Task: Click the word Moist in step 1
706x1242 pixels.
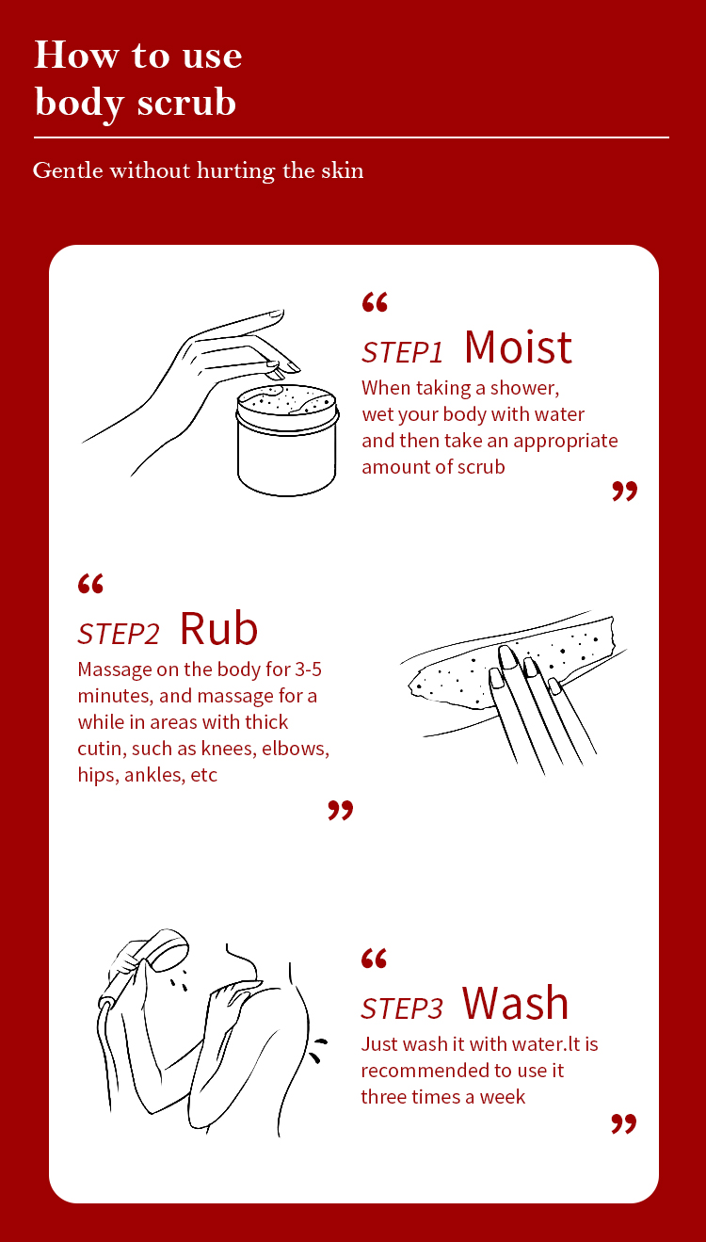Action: [x=518, y=347]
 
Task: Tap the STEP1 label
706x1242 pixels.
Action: [x=402, y=352]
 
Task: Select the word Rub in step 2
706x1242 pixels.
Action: [x=219, y=629]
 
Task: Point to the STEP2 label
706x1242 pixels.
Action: [x=119, y=634]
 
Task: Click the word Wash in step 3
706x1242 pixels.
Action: [x=515, y=1003]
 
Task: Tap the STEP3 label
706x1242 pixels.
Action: [x=402, y=1008]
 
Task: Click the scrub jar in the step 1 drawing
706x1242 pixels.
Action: [x=287, y=440]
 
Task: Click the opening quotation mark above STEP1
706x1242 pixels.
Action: [x=375, y=302]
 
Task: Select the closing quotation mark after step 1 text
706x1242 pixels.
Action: [x=624, y=492]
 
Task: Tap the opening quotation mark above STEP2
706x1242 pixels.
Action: [x=91, y=584]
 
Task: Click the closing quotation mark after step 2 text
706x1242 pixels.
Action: [x=340, y=811]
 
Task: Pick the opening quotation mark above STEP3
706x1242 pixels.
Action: [x=374, y=959]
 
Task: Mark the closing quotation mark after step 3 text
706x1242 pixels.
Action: [x=624, y=1124]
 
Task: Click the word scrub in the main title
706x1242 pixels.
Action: [x=186, y=102]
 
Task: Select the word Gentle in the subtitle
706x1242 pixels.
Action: [x=68, y=170]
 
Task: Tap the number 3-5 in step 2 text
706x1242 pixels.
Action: [x=308, y=669]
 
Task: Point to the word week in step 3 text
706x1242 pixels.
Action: [x=503, y=1097]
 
